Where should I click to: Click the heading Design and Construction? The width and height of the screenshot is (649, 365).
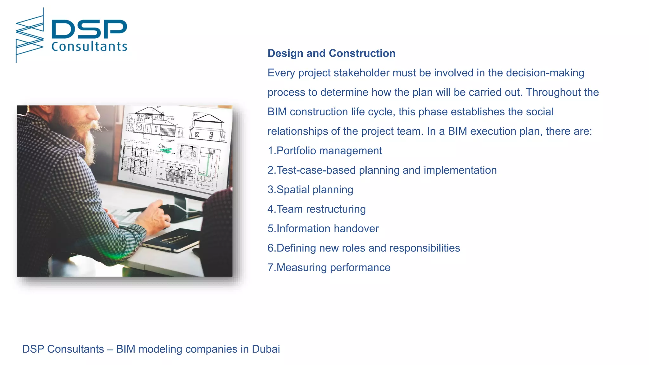tap(331, 53)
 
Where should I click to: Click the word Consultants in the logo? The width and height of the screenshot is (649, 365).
tap(89, 47)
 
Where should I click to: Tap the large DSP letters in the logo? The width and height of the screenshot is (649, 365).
tap(89, 29)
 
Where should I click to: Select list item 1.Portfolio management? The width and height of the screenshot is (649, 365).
tap(325, 151)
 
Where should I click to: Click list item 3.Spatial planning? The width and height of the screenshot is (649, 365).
tap(310, 190)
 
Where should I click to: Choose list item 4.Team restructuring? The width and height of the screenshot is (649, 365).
tap(317, 209)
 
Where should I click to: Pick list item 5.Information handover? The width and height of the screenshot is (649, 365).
tap(323, 229)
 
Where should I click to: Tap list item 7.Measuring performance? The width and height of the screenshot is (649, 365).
tap(329, 268)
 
